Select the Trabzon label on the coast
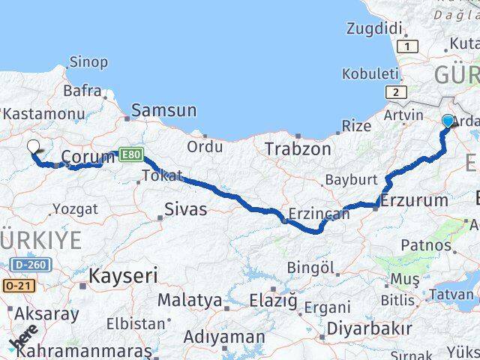point(297,148)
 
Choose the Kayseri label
point(123,275)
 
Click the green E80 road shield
point(129,155)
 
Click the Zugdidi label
point(375,28)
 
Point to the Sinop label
point(88,61)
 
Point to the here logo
point(24,341)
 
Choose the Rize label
point(356,126)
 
